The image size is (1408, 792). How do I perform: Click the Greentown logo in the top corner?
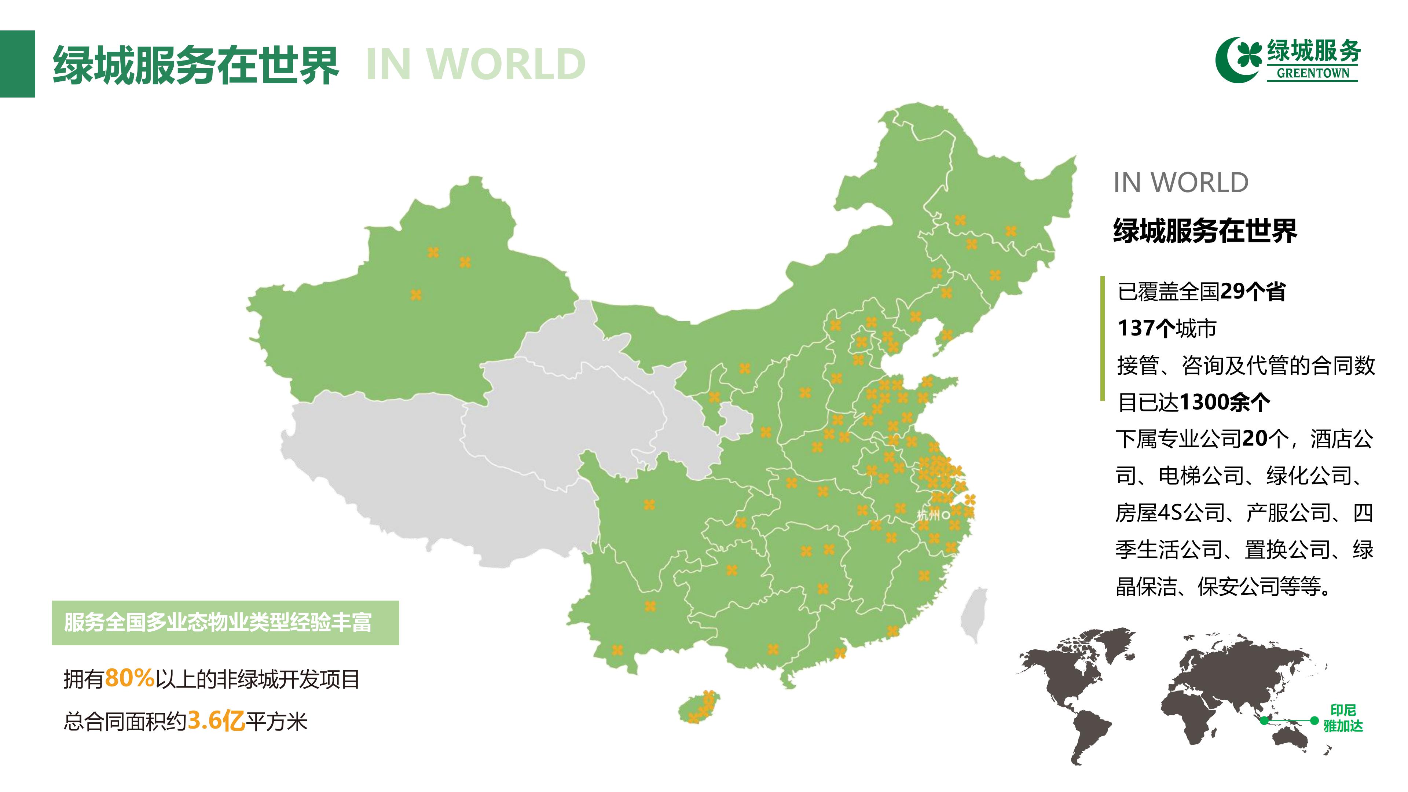coord(1288,60)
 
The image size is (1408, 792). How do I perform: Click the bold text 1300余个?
coord(1224,402)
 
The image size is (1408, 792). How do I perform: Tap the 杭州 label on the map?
coord(928,515)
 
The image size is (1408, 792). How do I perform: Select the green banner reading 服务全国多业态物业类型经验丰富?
coord(225,623)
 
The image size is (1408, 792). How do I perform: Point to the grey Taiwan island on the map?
coord(973,615)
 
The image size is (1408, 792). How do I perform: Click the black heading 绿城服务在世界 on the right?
coord(1204,231)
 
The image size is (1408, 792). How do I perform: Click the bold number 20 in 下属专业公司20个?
coord(1254,439)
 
